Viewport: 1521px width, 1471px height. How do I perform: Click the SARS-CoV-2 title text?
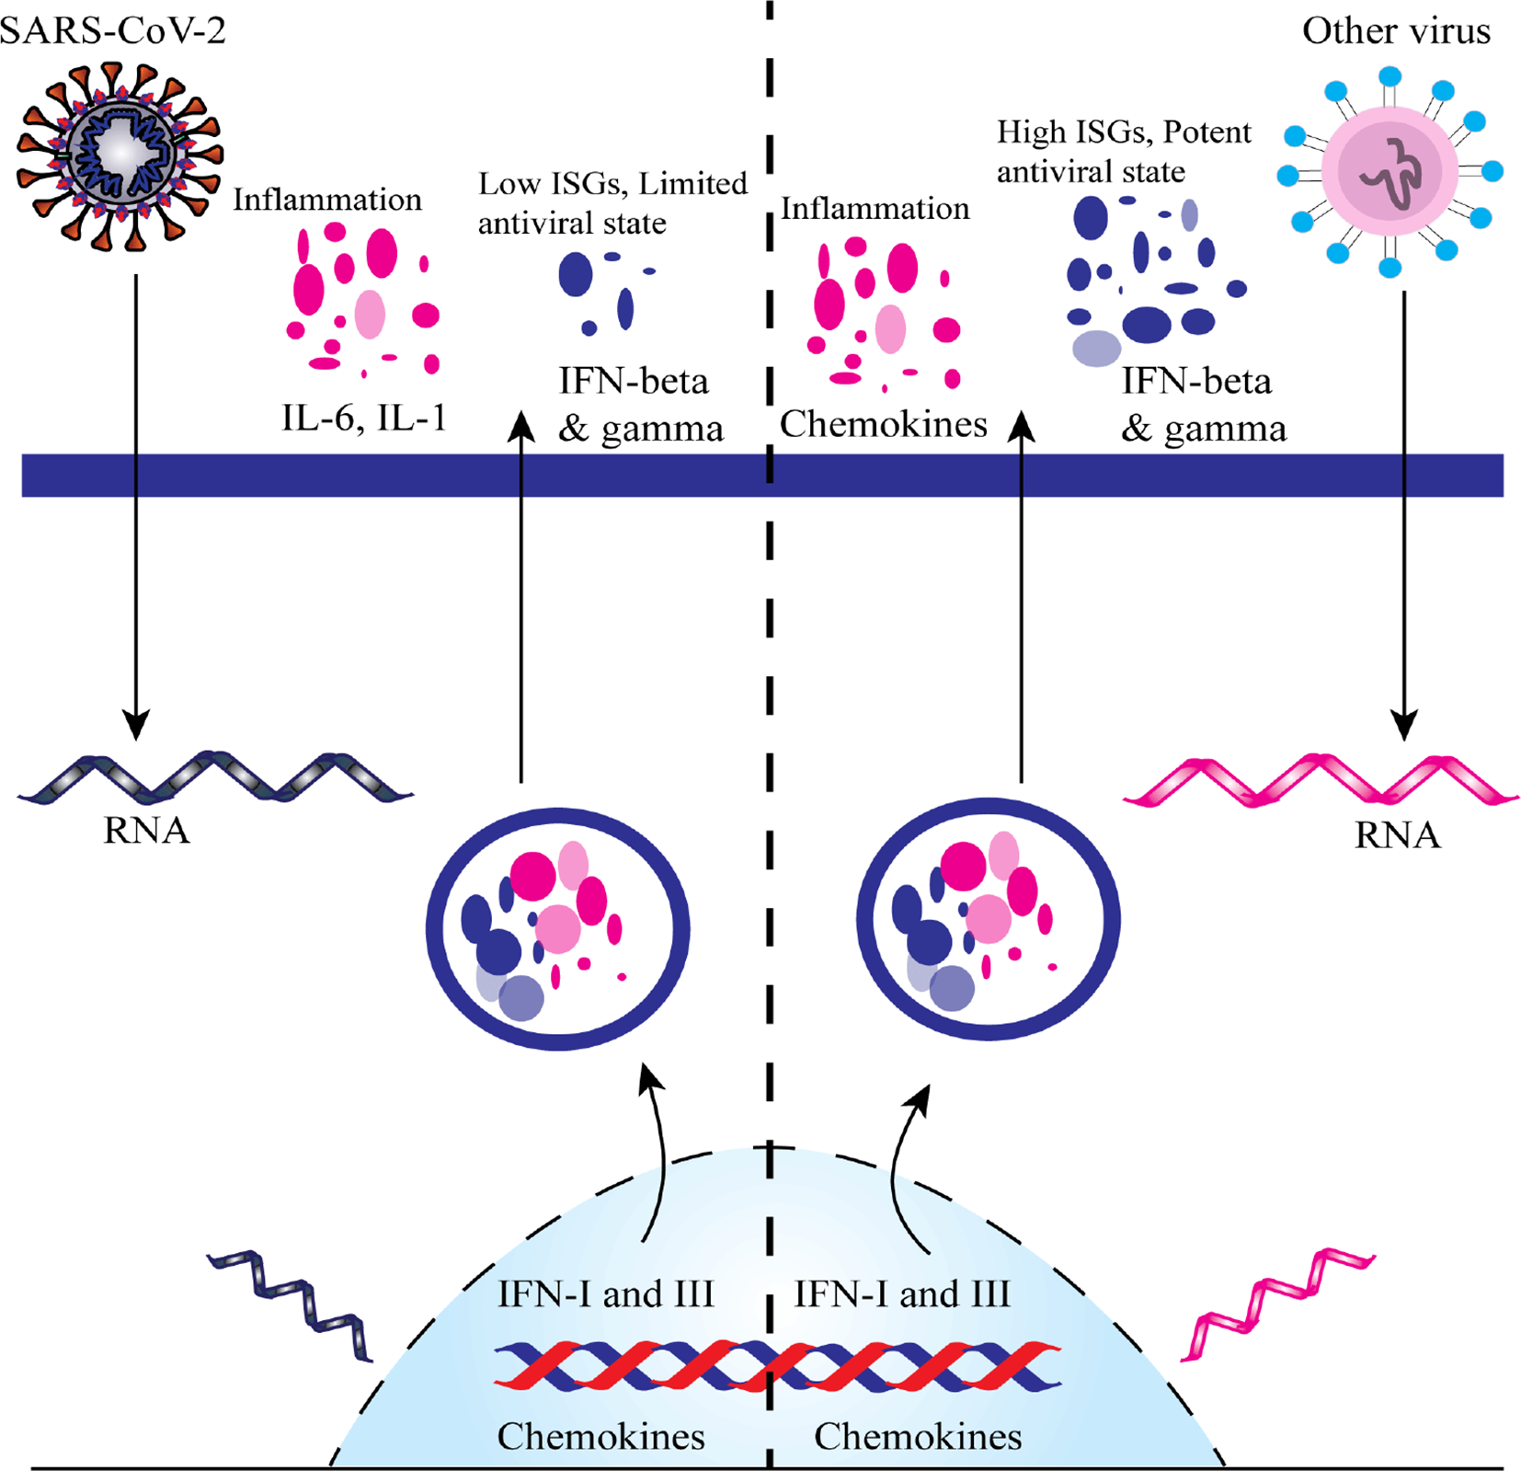pos(112,30)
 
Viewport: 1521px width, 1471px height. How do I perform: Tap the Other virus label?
pos(1395,30)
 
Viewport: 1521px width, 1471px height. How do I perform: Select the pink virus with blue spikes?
pos(1389,172)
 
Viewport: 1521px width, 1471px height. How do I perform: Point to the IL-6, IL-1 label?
pos(363,419)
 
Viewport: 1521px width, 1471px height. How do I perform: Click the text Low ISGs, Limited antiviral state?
pos(612,202)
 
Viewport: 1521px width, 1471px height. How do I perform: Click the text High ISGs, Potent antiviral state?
pos(1123,152)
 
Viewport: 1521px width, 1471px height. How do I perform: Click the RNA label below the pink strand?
pos(1396,835)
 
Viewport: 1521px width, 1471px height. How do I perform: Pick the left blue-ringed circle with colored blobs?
pos(557,929)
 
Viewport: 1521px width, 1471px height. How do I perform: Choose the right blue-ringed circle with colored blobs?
pos(988,919)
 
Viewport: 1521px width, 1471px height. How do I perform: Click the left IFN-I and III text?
pos(605,1294)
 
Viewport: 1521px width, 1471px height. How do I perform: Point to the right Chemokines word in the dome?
pos(917,1436)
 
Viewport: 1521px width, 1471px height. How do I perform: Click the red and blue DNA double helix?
pos(777,1365)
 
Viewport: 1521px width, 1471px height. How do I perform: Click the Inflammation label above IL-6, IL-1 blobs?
pos(326,200)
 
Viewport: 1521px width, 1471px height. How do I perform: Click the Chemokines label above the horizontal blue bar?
pos(883,424)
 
